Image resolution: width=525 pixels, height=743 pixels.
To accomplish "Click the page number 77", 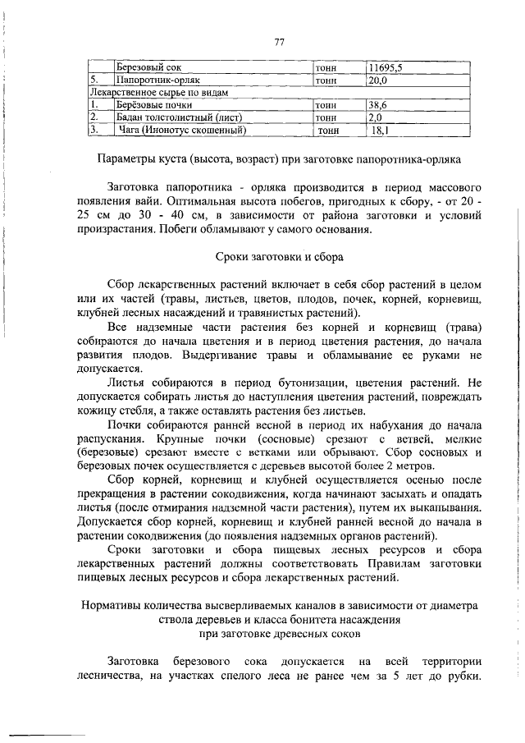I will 279,44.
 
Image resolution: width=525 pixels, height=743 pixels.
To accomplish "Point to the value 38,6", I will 378,105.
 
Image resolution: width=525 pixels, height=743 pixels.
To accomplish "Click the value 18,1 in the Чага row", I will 380,129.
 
